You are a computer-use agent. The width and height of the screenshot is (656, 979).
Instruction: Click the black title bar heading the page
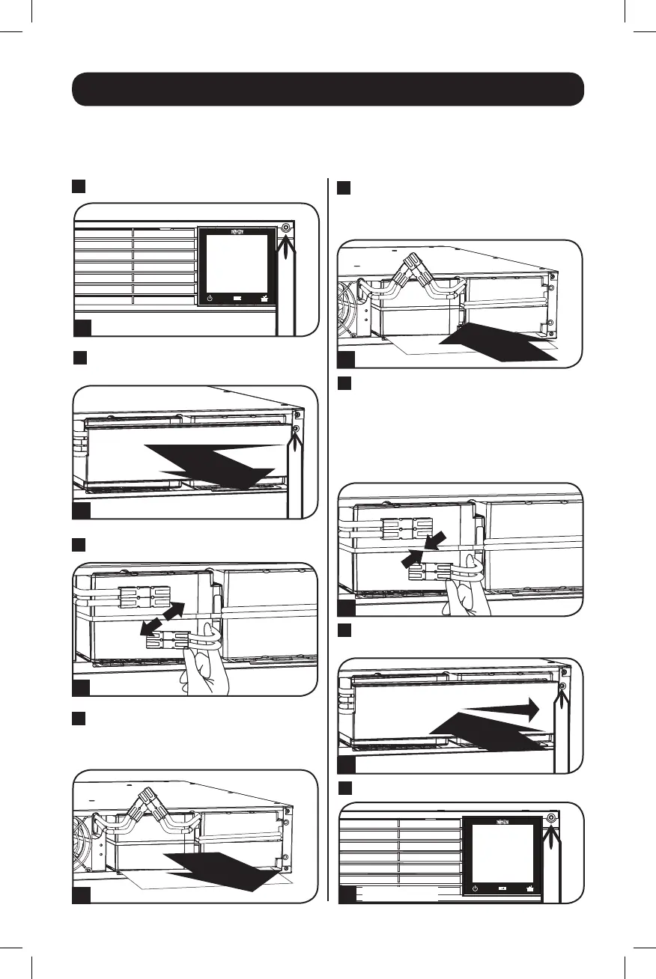(x=327, y=89)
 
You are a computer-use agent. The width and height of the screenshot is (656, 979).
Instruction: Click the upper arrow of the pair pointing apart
(x=177, y=609)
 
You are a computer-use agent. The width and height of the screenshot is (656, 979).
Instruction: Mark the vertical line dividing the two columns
(x=329, y=539)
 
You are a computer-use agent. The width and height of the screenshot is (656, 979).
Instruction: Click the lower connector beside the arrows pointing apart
(x=164, y=639)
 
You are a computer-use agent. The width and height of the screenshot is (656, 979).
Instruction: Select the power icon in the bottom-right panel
(x=476, y=888)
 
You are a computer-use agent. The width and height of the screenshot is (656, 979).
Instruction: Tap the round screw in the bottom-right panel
(x=552, y=817)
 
